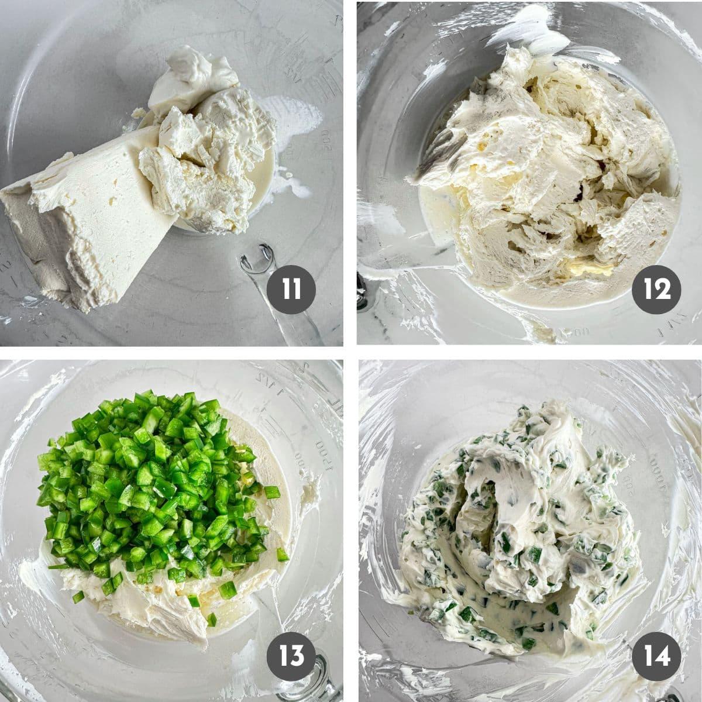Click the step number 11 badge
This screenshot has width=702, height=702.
coord(291,288)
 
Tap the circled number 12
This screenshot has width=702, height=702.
coord(656,288)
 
